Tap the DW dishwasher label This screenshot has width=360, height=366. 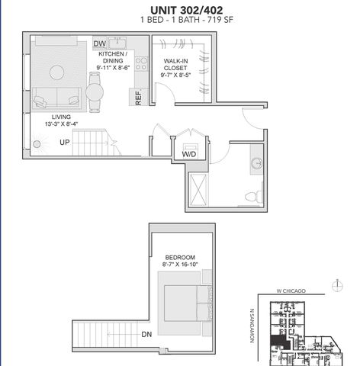click(99, 44)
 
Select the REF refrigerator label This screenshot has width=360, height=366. click(139, 97)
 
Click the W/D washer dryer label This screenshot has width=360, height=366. click(188, 154)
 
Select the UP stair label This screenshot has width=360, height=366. click(65, 142)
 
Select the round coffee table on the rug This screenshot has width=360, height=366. click(57, 72)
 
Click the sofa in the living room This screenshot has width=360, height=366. click(56, 98)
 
